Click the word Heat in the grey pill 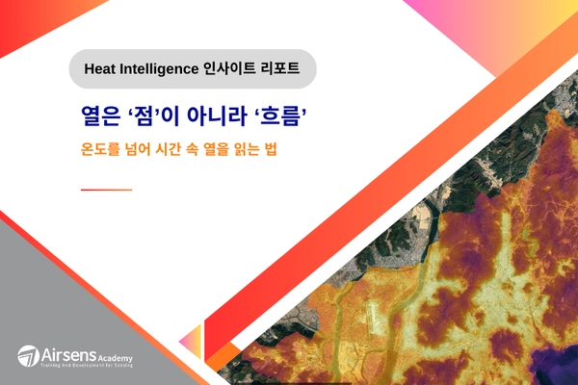point(103,69)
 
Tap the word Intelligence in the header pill point(161,69)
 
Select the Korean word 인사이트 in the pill point(232,69)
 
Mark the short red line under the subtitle point(106,190)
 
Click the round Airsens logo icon point(29,355)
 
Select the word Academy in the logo point(115,355)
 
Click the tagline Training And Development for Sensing point(86,367)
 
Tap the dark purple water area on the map point(549,361)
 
